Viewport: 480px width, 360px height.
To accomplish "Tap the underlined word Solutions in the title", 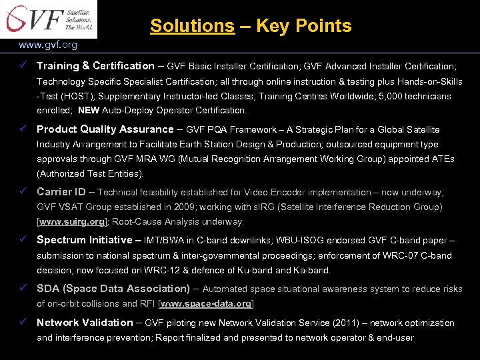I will (x=192, y=26).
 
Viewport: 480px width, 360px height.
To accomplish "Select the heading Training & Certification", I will (x=95, y=66).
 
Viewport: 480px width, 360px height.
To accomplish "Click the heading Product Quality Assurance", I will (x=105, y=129).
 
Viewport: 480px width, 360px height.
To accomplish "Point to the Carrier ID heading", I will (x=61, y=192).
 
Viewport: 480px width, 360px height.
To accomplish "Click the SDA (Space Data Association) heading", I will (x=113, y=289).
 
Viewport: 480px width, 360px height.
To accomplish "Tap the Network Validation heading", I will (x=85, y=323).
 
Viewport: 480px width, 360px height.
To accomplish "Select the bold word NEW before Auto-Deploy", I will (x=89, y=111).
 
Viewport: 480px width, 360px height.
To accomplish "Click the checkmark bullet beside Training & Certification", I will (x=24, y=65).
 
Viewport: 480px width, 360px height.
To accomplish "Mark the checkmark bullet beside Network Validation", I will (x=24, y=323).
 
